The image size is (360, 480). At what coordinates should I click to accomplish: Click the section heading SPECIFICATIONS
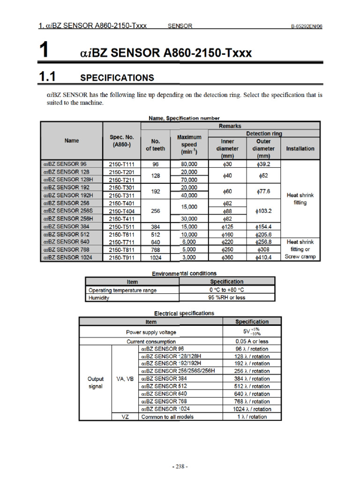(x=117, y=77)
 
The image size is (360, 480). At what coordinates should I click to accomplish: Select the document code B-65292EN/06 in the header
(x=307, y=26)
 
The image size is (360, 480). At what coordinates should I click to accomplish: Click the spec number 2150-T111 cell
(x=121, y=165)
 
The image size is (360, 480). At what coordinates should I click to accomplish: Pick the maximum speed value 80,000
(x=189, y=165)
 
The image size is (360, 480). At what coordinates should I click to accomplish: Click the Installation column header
(x=300, y=149)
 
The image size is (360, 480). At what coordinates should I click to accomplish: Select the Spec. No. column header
(x=121, y=141)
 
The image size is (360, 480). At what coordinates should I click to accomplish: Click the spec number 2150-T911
(x=121, y=257)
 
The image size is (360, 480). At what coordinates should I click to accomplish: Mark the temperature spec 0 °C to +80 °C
(x=227, y=290)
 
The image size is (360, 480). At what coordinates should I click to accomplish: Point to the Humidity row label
(x=99, y=298)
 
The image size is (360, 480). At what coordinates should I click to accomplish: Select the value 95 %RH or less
(x=227, y=298)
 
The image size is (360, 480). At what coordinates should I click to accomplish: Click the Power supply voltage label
(x=151, y=332)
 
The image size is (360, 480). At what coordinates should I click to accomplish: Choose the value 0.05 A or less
(x=252, y=342)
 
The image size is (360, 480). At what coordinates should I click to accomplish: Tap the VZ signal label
(x=125, y=416)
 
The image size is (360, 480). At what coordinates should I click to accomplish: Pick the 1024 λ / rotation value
(x=252, y=409)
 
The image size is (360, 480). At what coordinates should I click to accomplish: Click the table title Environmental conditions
(x=184, y=273)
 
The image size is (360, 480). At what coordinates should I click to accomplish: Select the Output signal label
(x=96, y=382)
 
